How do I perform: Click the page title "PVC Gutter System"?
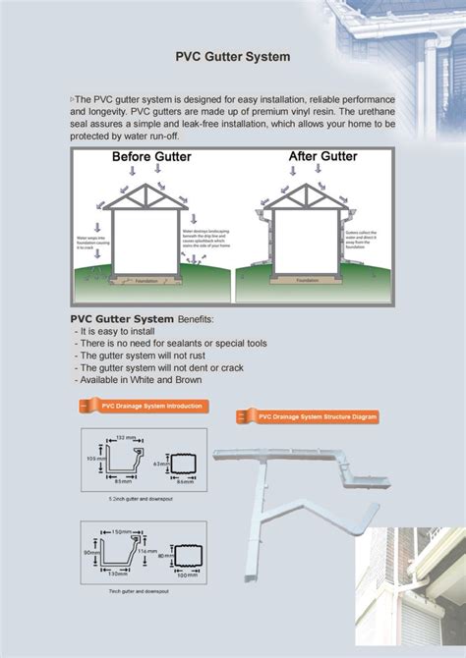click(232, 57)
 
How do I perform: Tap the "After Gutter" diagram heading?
click(321, 156)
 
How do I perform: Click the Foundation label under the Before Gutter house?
click(146, 280)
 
